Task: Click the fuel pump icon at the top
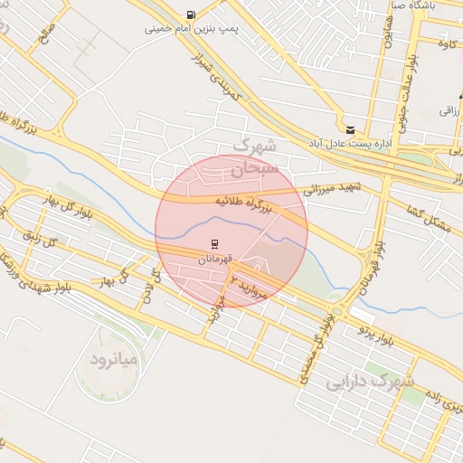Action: tap(191, 14)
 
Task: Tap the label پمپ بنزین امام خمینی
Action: tap(192, 29)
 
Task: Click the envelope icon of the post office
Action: tap(350, 128)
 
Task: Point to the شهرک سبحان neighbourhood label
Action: tap(256, 156)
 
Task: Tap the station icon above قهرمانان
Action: tap(215, 244)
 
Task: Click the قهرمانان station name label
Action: tap(215, 259)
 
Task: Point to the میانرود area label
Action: tap(113, 360)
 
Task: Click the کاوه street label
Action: tap(445, 43)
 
